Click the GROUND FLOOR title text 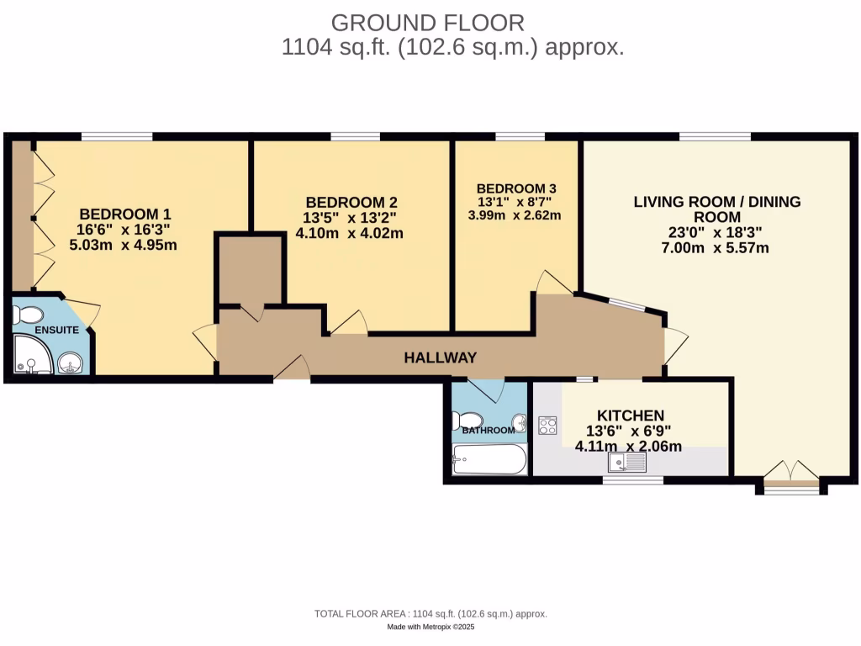pyautogui.click(x=429, y=22)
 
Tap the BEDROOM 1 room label pyautogui.click(x=125, y=214)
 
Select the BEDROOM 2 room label pyautogui.click(x=351, y=203)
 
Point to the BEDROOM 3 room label pyautogui.click(x=515, y=189)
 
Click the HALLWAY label pyautogui.click(x=440, y=357)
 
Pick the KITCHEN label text pyautogui.click(x=631, y=416)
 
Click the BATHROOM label pyautogui.click(x=488, y=431)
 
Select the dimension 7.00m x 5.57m pyautogui.click(x=716, y=248)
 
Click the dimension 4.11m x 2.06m pyautogui.click(x=628, y=447)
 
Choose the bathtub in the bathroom pyautogui.click(x=489, y=459)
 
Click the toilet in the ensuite pyautogui.click(x=29, y=315)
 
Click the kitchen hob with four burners pyautogui.click(x=547, y=426)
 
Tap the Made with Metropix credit pyautogui.click(x=430, y=627)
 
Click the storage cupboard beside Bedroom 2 pyautogui.click(x=250, y=269)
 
